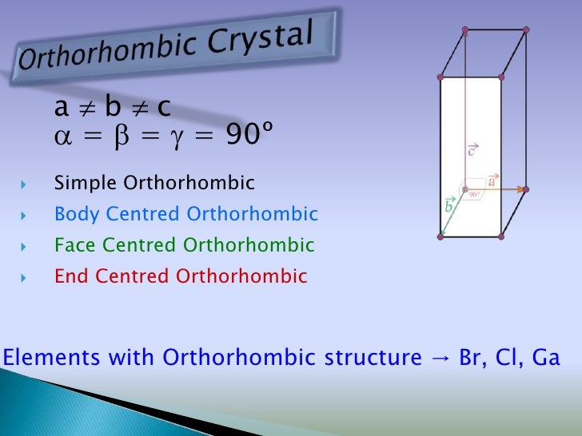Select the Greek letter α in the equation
62,138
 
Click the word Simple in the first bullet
86,184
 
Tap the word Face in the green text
74,245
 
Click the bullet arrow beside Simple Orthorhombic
25,185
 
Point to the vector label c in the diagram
472,149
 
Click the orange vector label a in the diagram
492,180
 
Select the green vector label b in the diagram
449,205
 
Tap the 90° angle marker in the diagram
473,193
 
